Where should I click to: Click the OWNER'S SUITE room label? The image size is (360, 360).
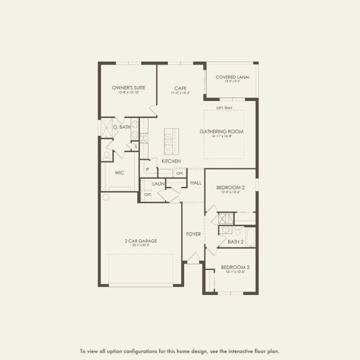coord(128,88)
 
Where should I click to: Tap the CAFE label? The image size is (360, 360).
coord(181,88)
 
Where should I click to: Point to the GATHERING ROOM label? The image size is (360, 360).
coord(230,131)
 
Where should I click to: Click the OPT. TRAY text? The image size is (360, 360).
coord(224,107)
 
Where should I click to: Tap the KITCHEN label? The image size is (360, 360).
coord(171,161)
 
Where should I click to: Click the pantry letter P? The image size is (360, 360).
coord(146,170)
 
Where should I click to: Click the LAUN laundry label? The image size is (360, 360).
coord(158,184)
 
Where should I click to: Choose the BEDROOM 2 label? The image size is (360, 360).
coord(230,188)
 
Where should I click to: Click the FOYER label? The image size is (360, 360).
coord(193,234)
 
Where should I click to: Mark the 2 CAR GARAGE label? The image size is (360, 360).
coord(141,241)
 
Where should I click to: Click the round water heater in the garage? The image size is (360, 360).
coord(106,197)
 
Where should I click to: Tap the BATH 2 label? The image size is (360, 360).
coord(235,242)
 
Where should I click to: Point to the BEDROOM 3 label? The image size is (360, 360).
coord(235,267)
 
